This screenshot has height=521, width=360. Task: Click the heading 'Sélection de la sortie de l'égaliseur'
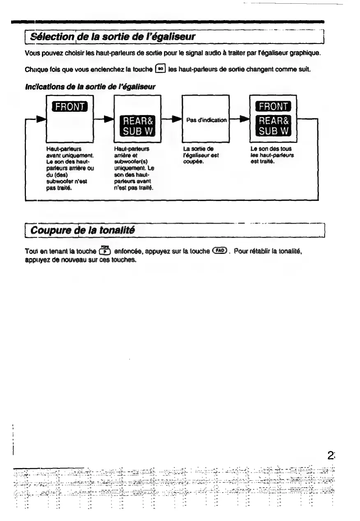[x=111, y=37]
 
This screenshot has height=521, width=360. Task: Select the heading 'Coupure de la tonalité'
[x=83, y=231]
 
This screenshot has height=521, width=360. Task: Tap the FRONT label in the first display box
[x=69, y=107]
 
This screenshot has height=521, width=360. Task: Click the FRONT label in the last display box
[x=273, y=107]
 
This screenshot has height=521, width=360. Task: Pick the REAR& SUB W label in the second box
[x=137, y=126]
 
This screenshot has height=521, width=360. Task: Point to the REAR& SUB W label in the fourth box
[x=273, y=126]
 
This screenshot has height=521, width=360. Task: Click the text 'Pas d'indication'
[x=206, y=120]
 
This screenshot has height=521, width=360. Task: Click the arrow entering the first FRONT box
[x=39, y=120]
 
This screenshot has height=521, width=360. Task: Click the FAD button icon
[x=220, y=251]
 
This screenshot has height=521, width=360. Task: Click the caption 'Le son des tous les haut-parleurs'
[x=272, y=155]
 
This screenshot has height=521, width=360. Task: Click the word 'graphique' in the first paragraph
[x=305, y=53]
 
